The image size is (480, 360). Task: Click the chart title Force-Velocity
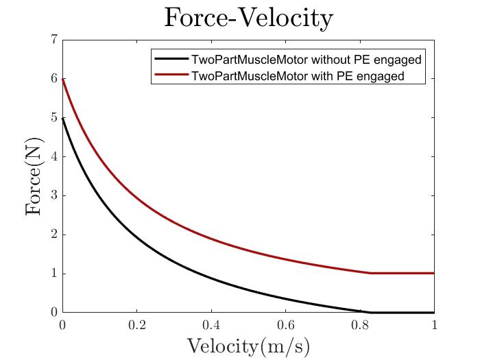[248, 19]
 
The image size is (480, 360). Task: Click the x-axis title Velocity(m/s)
[248, 345]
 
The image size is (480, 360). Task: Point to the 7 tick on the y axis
[53, 40]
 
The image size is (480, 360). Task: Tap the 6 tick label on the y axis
[53, 79]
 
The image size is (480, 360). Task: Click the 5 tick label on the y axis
[53, 118]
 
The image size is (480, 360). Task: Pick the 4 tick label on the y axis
[53, 157]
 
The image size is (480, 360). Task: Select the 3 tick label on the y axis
[53, 196]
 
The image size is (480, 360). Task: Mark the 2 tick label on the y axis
[53, 235]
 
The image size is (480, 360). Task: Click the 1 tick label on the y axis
[53, 274]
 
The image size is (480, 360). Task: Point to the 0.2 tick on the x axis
[137, 324]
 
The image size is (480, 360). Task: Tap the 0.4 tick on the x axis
[211, 324]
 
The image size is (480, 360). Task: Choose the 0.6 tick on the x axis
[286, 324]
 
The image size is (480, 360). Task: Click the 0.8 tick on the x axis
[360, 324]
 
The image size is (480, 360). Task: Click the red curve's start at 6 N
[63, 79]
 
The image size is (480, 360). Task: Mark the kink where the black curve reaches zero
[370, 313]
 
